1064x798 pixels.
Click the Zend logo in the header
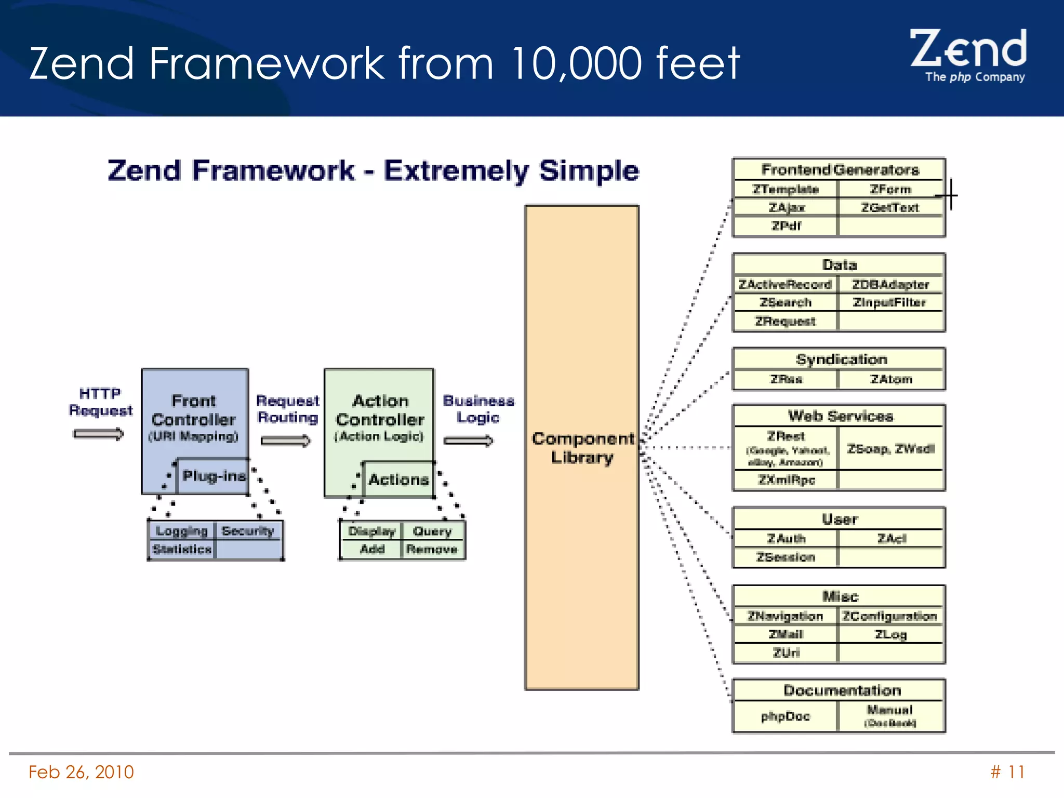coord(968,55)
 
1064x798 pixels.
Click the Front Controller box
coord(194,416)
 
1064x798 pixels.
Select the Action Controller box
coord(380,416)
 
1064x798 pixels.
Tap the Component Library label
coord(582,448)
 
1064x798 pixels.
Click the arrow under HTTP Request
coord(99,434)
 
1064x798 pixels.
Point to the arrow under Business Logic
coord(468,441)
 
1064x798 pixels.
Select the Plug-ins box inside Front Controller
coord(213,476)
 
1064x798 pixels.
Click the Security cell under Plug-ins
coord(248,531)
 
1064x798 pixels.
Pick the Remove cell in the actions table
coord(432,549)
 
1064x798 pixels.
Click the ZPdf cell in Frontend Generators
coord(786,226)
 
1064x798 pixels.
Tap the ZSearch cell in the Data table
coord(786,302)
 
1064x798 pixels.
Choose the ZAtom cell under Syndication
coord(891,379)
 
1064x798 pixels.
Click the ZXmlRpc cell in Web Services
coord(786,480)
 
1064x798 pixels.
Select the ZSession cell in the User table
coord(786,557)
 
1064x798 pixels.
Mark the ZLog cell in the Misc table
coord(890,634)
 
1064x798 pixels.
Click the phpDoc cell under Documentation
coord(786,716)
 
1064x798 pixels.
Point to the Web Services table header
coord(840,416)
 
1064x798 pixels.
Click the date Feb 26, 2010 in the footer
coord(81,772)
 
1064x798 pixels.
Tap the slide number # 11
coord(1007,772)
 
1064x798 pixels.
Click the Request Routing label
coord(288,409)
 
